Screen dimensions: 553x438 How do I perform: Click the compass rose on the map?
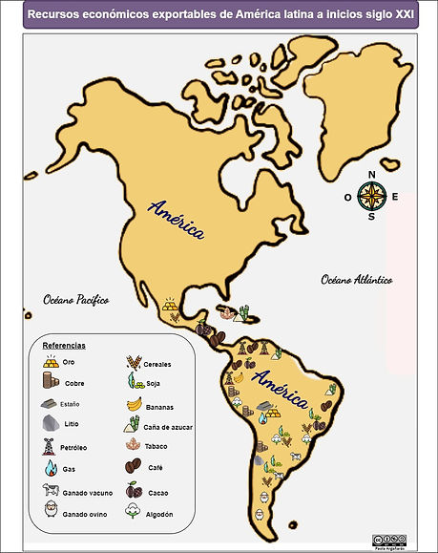tap(371, 196)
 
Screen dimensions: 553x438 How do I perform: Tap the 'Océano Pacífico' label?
tap(76, 299)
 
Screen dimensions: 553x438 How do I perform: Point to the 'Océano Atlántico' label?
tap(356, 280)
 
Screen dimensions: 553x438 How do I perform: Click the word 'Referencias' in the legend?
tap(64, 345)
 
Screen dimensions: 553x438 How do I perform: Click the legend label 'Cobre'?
tap(73, 383)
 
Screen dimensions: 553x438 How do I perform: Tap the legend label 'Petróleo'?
tap(74, 447)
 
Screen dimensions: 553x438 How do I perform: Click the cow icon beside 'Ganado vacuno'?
tap(50, 491)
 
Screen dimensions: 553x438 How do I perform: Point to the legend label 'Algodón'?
tap(159, 514)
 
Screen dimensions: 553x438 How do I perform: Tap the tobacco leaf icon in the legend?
tap(133, 446)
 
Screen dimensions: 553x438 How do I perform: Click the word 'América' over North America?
tap(177, 219)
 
